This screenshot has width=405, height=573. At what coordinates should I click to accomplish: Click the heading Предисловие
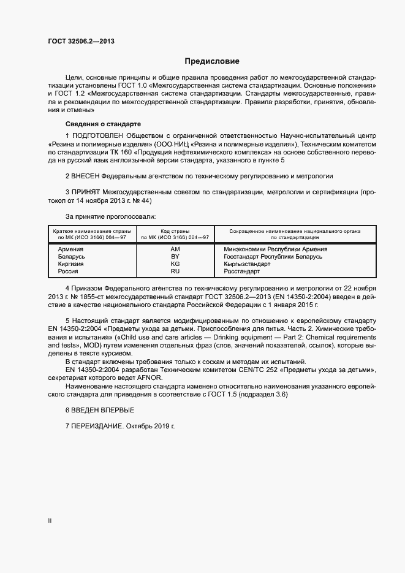tap(213, 61)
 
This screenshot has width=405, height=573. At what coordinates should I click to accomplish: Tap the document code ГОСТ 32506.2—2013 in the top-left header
tap(81, 42)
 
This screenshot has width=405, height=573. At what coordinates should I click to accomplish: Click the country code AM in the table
tap(175, 249)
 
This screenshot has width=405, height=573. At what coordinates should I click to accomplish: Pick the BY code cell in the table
tap(175, 257)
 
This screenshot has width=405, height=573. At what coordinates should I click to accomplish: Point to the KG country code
tap(175, 264)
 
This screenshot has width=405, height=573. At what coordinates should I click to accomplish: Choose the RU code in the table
tap(175, 271)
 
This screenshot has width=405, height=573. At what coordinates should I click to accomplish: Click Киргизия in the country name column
tap(70, 264)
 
